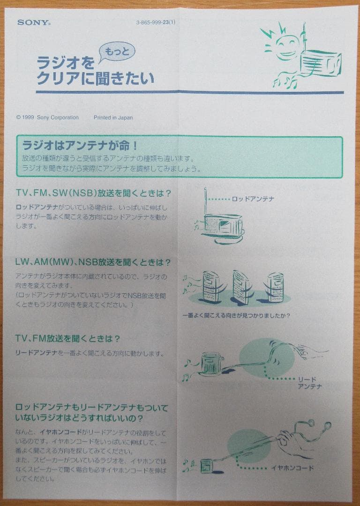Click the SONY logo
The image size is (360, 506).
click(34, 22)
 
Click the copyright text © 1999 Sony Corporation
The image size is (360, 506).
click(47, 118)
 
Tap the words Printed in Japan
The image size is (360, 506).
click(113, 118)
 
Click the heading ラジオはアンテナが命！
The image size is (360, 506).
click(80, 145)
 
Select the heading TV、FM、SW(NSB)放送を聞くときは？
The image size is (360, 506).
click(93, 193)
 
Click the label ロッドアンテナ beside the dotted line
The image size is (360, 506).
click(253, 199)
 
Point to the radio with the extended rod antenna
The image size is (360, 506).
click(222, 225)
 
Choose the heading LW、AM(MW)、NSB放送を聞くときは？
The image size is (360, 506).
click(93, 262)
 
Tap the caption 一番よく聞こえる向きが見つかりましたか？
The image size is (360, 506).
click(236, 315)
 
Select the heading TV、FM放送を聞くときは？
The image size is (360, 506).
click(68, 338)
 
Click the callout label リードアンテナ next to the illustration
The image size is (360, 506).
click(310, 383)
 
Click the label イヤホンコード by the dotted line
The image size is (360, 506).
click(292, 468)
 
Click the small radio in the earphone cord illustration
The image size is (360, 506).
click(207, 466)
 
